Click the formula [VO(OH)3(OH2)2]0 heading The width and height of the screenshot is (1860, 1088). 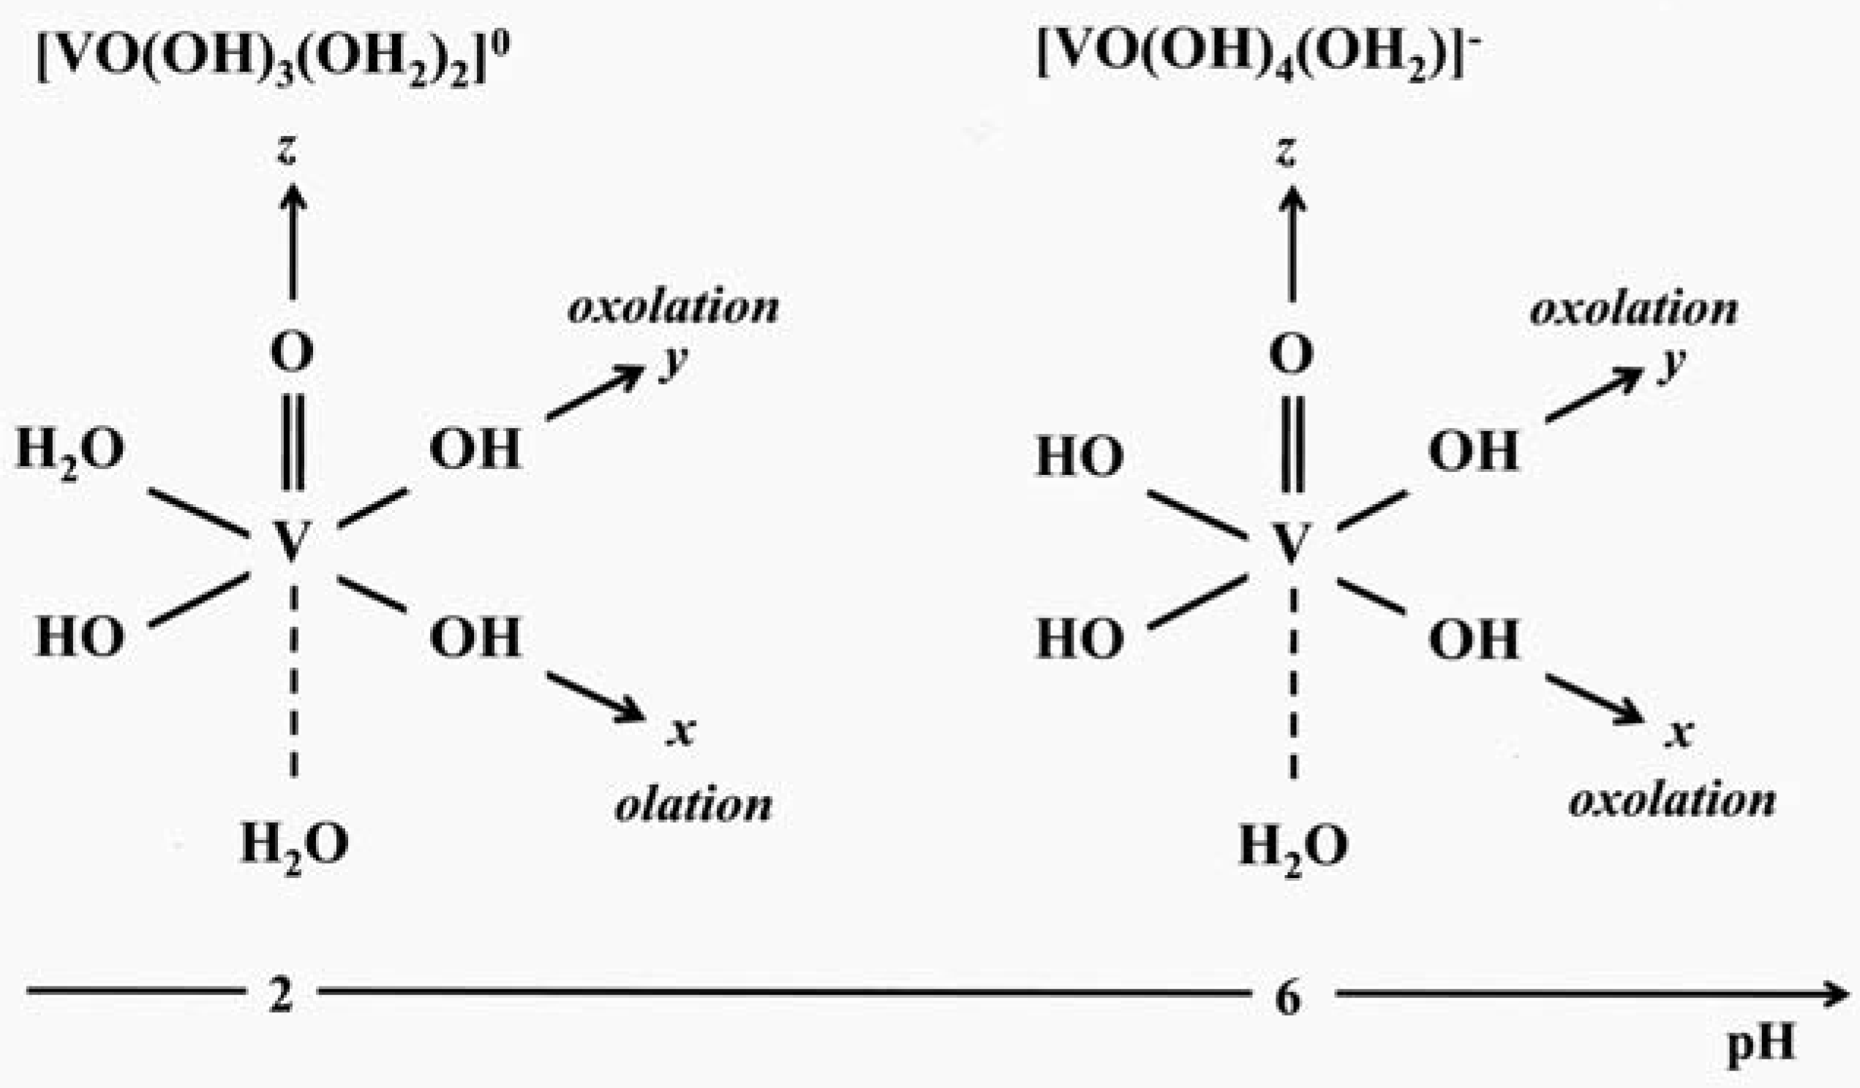pyautogui.click(x=273, y=59)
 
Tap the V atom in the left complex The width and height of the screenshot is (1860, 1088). pyautogui.click(x=293, y=540)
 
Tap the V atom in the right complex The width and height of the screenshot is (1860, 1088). pyautogui.click(x=1292, y=541)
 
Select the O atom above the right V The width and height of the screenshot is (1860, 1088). pyautogui.click(x=1292, y=354)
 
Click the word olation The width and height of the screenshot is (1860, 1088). pyautogui.click(x=694, y=805)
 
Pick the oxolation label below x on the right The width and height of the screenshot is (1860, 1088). pyautogui.click(x=1672, y=800)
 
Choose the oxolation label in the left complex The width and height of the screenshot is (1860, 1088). pyautogui.click(x=673, y=307)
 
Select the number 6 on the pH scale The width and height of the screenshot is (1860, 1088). pyautogui.click(x=1289, y=998)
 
